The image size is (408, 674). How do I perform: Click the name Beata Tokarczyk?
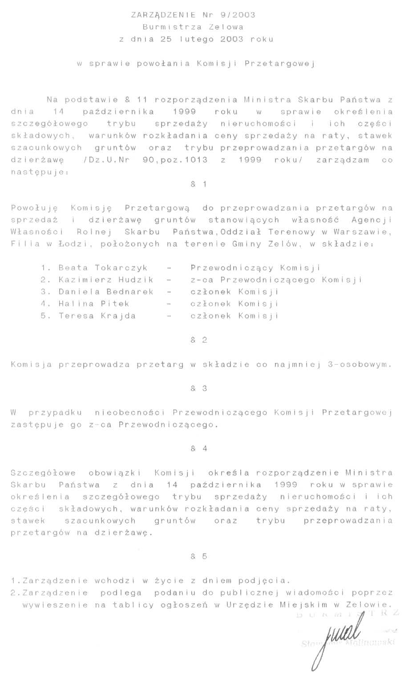[103, 268]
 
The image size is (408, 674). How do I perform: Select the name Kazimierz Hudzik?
[106, 280]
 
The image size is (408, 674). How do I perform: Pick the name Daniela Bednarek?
[106, 292]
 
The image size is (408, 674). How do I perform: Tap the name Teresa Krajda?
[97, 316]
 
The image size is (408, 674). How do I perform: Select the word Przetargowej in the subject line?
[280, 63]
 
